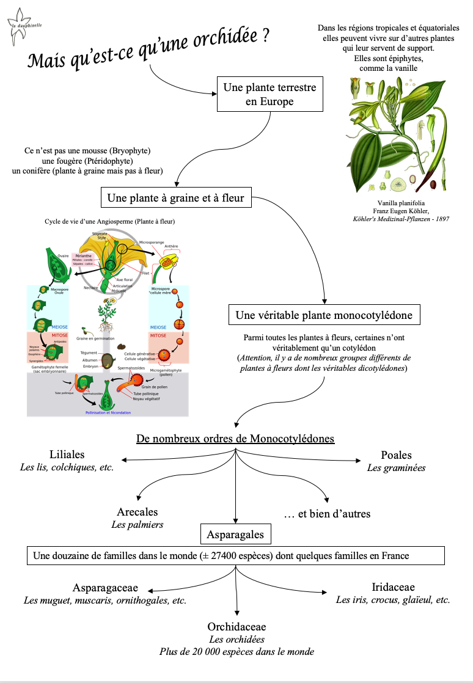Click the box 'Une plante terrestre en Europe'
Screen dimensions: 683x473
269,94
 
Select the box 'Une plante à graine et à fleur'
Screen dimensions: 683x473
175,197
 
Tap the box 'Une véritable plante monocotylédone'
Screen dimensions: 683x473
324,315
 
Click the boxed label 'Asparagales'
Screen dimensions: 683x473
235,535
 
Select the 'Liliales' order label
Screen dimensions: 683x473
67,455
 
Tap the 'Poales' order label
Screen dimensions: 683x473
396,455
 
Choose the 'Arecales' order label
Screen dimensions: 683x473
137,512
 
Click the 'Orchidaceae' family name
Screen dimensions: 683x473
237,627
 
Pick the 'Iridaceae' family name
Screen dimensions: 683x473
393,587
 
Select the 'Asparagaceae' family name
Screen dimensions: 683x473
105,588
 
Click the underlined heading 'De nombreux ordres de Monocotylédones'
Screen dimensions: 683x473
235,439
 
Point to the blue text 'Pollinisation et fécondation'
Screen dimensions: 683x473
108,412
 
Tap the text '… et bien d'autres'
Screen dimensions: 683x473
327,513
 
